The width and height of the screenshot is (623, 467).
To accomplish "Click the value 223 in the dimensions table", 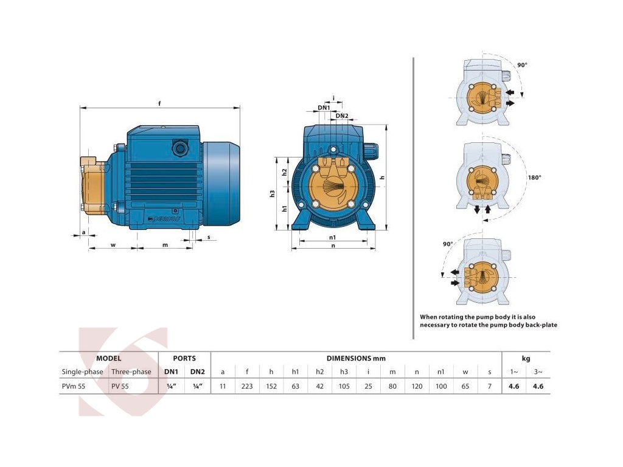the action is (x=247, y=386).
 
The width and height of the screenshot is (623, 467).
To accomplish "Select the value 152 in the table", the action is (x=271, y=386).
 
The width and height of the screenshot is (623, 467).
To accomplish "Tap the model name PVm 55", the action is (x=73, y=386).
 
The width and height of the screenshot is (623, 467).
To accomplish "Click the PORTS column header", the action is (x=184, y=358).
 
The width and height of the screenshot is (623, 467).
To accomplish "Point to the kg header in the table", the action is (x=526, y=358).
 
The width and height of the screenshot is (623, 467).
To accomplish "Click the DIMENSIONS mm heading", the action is (x=356, y=358).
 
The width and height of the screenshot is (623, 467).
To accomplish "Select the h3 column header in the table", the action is (x=344, y=372).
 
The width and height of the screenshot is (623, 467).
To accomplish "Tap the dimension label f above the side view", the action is (x=159, y=103).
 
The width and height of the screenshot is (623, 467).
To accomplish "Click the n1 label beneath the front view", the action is (x=332, y=237).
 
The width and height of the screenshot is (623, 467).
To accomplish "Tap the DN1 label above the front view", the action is (x=324, y=108).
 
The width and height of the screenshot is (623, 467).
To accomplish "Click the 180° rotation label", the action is (x=534, y=178).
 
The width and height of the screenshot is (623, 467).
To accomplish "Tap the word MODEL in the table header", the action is (x=109, y=358).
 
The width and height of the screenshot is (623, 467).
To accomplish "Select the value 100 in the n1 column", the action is (x=441, y=386).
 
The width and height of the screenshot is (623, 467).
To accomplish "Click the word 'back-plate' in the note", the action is (x=540, y=325).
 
